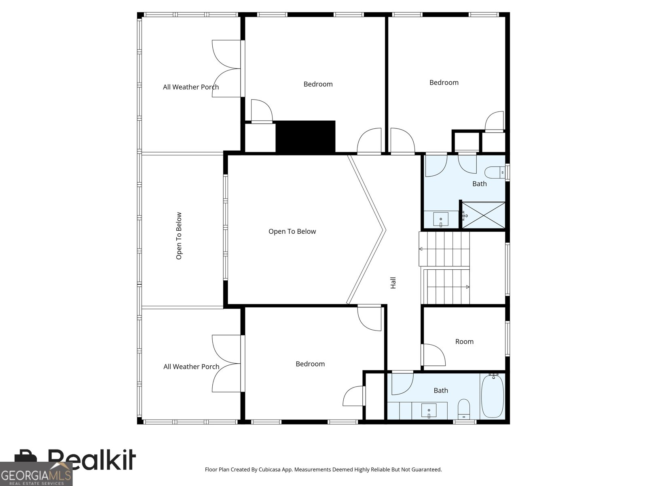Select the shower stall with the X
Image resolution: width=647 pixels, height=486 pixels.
tap(483, 215)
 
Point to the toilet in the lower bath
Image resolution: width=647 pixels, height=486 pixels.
tap(464, 409)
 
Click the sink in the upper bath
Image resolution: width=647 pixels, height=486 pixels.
tap(441, 219)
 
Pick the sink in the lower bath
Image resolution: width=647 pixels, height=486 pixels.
tap(429, 411)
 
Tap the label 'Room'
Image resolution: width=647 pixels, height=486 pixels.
tap(464, 342)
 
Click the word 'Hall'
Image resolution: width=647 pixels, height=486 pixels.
tap(393, 283)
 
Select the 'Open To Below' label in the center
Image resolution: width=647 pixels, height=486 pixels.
tap(292, 232)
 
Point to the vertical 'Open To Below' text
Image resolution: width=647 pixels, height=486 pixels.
tap(179, 236)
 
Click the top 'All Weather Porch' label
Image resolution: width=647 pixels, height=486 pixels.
tap(191, 87)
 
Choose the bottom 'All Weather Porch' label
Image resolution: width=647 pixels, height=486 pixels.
tap(191, 367)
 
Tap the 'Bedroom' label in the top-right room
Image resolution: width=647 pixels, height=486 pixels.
tap(444, 83)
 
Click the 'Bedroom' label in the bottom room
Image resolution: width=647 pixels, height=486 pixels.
tap(310, 364)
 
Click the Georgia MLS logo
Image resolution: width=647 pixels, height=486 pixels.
tap(36, 474)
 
